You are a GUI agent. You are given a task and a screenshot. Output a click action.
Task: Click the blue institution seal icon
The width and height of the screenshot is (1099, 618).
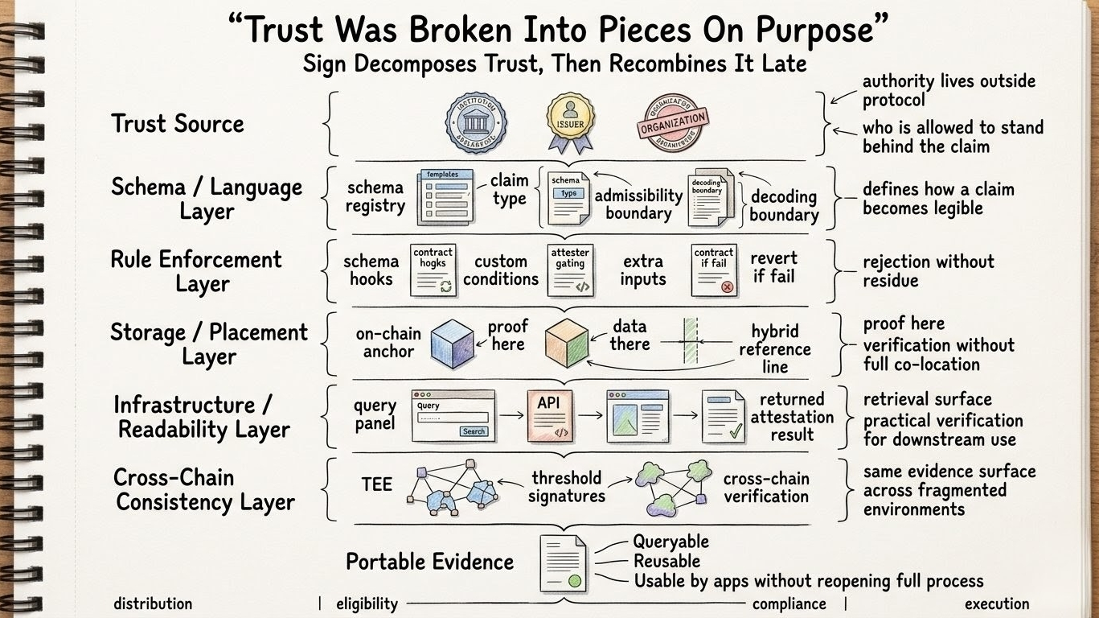point(476,123)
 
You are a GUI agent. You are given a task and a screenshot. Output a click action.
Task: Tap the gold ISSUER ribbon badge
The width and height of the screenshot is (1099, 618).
point(569,121)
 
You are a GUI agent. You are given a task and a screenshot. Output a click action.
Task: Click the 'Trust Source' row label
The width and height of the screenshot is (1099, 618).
point(177,124)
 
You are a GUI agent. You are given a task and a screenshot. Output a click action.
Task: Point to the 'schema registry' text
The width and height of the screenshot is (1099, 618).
point(375,196)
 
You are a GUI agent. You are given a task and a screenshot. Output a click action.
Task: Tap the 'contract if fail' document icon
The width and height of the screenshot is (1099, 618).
point(714,270)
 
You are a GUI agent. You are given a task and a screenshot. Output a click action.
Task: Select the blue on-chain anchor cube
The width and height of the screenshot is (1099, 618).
point(453,343)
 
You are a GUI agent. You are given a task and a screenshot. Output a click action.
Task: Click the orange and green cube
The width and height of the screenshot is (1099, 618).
point(567,343)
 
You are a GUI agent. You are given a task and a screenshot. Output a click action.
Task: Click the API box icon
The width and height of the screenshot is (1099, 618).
point(550,415)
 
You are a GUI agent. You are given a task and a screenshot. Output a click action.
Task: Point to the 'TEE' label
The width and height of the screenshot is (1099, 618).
point(376,484)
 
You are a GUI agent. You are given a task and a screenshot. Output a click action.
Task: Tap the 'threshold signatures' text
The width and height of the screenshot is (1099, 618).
point(566,487)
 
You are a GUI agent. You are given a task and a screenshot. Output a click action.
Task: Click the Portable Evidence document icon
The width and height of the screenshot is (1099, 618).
point(564,564)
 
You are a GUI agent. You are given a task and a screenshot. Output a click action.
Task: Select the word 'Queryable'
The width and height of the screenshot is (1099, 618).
point(670,542)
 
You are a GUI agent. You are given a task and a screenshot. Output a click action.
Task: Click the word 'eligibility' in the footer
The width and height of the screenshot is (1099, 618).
point(367,604)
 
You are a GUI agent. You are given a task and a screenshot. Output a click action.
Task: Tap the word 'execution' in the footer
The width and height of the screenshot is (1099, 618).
point(996,604)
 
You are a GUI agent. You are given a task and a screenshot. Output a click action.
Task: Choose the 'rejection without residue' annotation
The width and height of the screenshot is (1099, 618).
point(928,270)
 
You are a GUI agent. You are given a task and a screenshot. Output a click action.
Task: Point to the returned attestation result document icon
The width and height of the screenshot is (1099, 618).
point(723,416)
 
